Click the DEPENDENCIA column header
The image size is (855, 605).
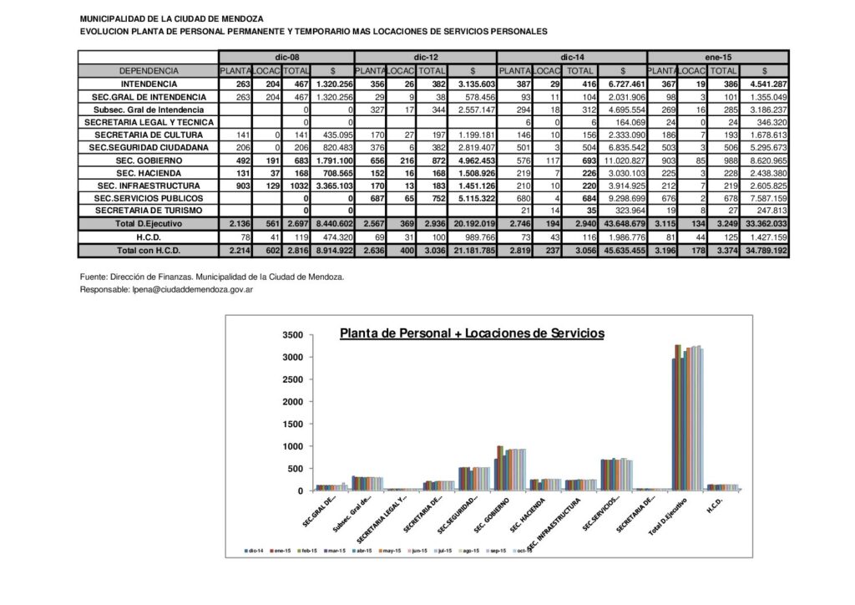[x=149, y=71]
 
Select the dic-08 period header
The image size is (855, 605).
[x=286, y=57]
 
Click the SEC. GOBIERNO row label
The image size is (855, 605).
[x=149, y=160]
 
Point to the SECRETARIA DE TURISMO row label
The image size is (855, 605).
[x=149, y=211]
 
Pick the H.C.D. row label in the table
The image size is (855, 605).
[x=149, y=237]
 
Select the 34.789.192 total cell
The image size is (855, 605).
[x=764, y=251]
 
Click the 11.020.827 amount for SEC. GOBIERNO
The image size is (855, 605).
[x=622, y=160]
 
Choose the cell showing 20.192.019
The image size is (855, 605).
[x=474, y=224]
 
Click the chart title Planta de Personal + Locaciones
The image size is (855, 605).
[x=472, y=333]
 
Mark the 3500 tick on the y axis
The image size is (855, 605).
[x=292, y=335]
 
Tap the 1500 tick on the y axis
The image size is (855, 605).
[x=292, y=425]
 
